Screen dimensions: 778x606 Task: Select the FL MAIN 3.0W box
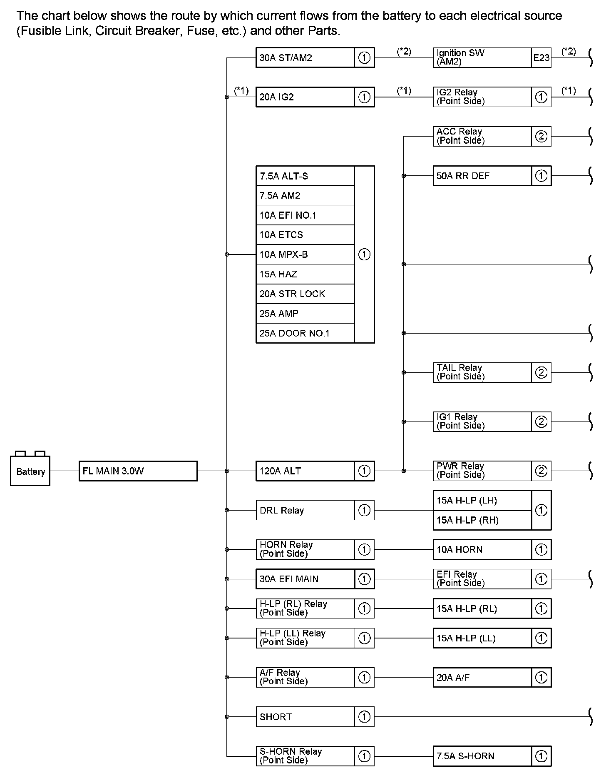point(138,471)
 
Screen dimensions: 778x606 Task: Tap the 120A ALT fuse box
point(305,471)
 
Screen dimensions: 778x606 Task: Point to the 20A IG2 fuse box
point(305,97)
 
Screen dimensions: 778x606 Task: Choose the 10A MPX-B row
point(305,254)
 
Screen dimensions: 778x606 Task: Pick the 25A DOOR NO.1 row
point(305,333)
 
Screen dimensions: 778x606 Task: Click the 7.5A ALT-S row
point(305,176)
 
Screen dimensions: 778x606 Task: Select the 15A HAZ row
point(305,274)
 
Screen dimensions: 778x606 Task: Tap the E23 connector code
point(541,58)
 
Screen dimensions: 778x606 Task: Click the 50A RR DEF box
point(482,176)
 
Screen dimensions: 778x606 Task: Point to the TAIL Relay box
point(482,372)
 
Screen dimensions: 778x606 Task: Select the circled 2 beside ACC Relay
point(541,136)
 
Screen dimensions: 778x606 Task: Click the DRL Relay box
point(305,510)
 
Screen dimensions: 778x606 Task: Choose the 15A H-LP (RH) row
point(482,520)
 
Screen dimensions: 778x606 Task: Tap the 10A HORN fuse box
point(482,549)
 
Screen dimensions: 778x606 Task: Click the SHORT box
point(305,717)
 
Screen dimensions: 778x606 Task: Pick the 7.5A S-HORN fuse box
point(482,756)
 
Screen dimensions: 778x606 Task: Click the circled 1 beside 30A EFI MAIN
point(364,579)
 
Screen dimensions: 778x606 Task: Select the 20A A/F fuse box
point(482,678)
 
